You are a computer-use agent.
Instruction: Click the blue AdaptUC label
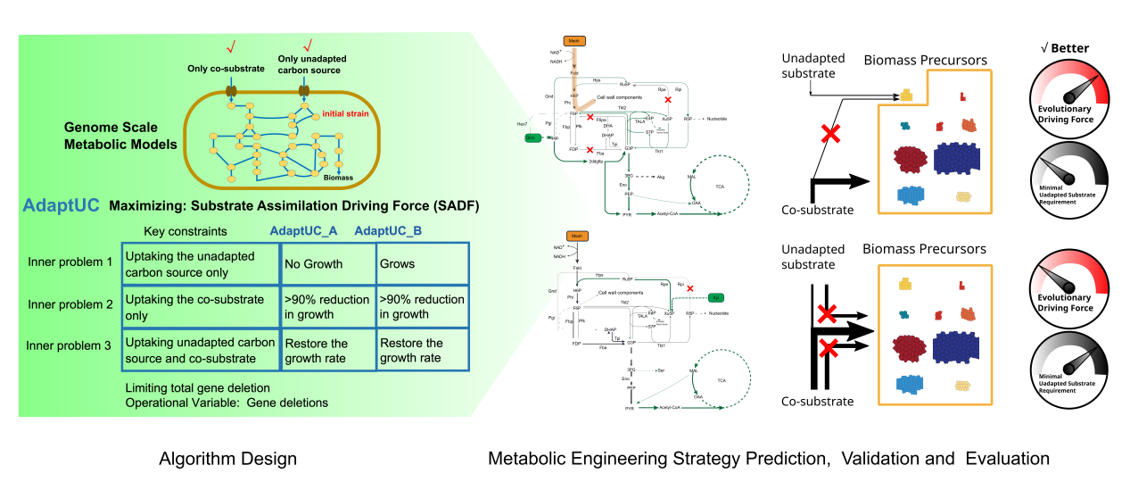(x=61, y=205)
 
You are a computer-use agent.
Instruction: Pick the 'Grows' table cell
(x=397, y=264)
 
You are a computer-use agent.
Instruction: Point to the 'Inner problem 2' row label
(x=70, y=304)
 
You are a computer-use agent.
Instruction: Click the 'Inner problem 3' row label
(x=70, y=346)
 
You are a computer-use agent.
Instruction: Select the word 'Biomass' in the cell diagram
(x=338, y=178)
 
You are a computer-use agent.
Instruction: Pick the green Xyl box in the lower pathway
(x=715, y=296)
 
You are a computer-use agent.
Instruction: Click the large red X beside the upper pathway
(x=830, y=134)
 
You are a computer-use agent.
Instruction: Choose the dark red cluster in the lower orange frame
(x=910, y=348)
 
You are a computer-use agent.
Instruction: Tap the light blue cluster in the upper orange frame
(x=910, y=195)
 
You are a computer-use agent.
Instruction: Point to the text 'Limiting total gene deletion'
(x=197, y=388)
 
